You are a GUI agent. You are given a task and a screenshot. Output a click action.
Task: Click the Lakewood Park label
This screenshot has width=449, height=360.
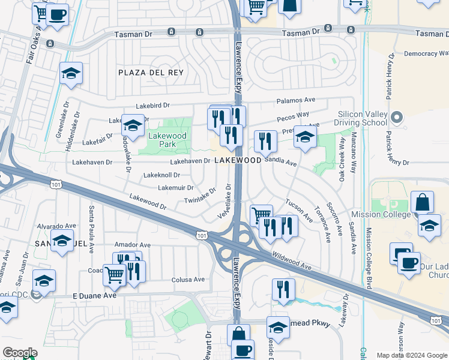click(x=167, y=140)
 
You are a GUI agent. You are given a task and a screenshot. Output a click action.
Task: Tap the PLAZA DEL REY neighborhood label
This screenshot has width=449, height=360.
click(x=151, y=73)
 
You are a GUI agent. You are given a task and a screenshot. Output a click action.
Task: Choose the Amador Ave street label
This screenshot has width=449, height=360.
click(x=132, y=245)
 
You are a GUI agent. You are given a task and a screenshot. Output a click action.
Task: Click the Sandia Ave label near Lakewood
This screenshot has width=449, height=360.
click(x=281, y=162)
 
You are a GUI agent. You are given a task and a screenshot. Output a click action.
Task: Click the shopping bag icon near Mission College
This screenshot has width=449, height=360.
click(x=423, y=202)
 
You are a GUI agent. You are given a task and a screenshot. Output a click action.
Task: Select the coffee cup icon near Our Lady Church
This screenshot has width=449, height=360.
click(x=409, y=263)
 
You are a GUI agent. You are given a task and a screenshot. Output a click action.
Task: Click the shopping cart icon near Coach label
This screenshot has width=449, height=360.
click(x=114, y=275)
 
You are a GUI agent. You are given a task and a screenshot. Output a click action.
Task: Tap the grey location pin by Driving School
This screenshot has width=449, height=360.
click(x=396, y=117)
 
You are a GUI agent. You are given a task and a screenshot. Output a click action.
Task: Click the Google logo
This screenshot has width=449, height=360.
click(x=20, y=353)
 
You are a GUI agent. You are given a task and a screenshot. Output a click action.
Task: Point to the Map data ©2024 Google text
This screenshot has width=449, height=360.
click(x=411, y=355)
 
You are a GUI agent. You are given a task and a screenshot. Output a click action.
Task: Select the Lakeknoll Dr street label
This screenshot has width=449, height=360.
click(x=161, y=175)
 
